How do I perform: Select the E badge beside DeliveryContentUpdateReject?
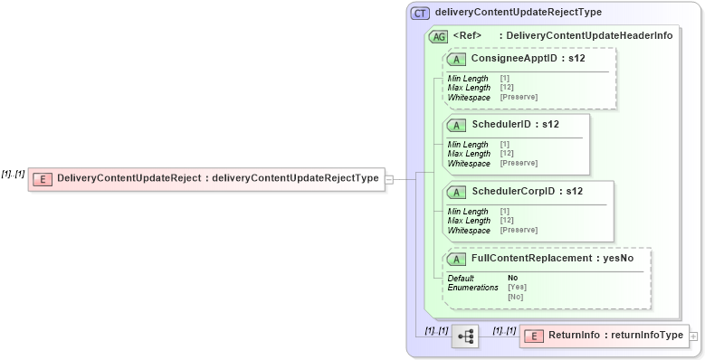(42, 178)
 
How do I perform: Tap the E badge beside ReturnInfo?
(533, 336)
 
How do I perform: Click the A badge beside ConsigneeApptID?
(457, 59)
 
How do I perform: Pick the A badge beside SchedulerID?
(457, 124)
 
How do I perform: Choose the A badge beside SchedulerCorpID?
(457, 192)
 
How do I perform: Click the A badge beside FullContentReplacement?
(457, 259)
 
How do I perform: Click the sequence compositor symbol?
(464, 336)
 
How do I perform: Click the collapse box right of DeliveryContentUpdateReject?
(388, 178)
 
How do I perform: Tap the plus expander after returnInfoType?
(693, 336)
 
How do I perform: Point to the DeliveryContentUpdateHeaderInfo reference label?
(588, 36)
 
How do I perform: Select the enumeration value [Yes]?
(517, 287)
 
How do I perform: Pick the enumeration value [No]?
(515, 296)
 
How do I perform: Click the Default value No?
(512, 278)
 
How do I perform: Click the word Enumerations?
(472, 287)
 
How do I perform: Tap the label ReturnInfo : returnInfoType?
(615, 336)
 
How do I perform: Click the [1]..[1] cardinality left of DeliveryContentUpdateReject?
(13, 174)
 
